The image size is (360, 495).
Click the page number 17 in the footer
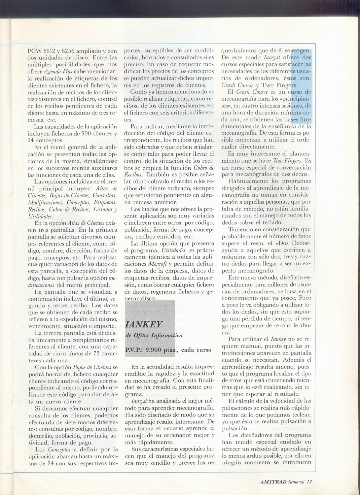click(x=309, y=481)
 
